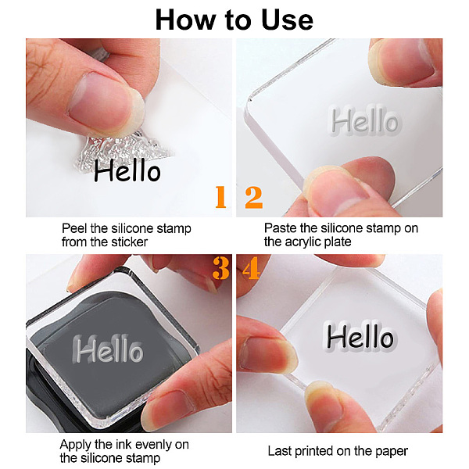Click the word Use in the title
point(287,20)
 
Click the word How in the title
point(185,20)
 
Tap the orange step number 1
point(220,196)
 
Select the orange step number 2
point(253,197)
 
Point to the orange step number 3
point(220,268)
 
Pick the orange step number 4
point(251,268)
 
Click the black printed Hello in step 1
point(127,170)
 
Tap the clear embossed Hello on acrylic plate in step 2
point(365,120)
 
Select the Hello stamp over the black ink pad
point(108,349)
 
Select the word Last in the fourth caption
point(280,451)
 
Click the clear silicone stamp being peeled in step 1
point(120,149)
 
